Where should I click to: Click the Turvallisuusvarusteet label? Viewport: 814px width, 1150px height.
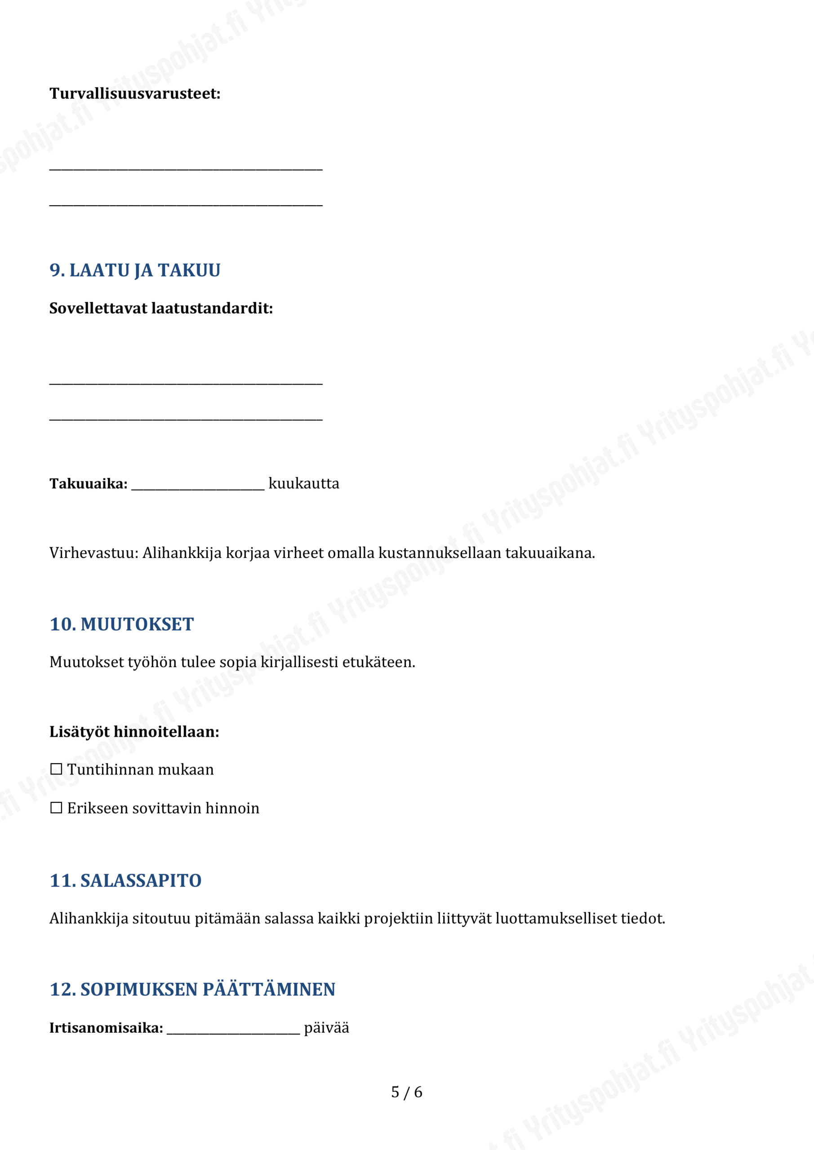tap(135, 94)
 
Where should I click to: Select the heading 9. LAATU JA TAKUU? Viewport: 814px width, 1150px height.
tap(135, 270)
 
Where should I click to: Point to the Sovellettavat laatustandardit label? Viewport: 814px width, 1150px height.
tap(161, 308)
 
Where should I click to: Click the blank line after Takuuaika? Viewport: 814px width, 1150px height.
tap(197, 485)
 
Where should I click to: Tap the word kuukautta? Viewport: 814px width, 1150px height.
tap(304, 484)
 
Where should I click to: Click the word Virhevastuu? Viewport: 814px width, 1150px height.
tap(92, 553)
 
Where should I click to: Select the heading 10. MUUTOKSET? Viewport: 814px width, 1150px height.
tap(121, 624)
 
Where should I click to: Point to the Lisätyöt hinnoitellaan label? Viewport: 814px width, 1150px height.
tap(134, 732)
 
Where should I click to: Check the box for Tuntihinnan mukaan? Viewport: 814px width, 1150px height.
tap(56, 770)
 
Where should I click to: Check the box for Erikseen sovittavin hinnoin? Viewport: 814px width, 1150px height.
tap(56, 808)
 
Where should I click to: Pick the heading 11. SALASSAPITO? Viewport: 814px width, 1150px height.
tap(125, 880)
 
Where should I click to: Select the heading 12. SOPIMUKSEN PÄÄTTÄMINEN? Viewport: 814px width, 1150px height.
tap(192, 990)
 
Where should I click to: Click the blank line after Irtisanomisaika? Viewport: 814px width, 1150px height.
tap(233, 1029)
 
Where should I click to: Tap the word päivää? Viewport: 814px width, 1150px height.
tap(326, 1028)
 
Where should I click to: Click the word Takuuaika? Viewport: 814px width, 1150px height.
tap(88, 484)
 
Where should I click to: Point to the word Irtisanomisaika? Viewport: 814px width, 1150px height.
tap(106, 1028)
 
